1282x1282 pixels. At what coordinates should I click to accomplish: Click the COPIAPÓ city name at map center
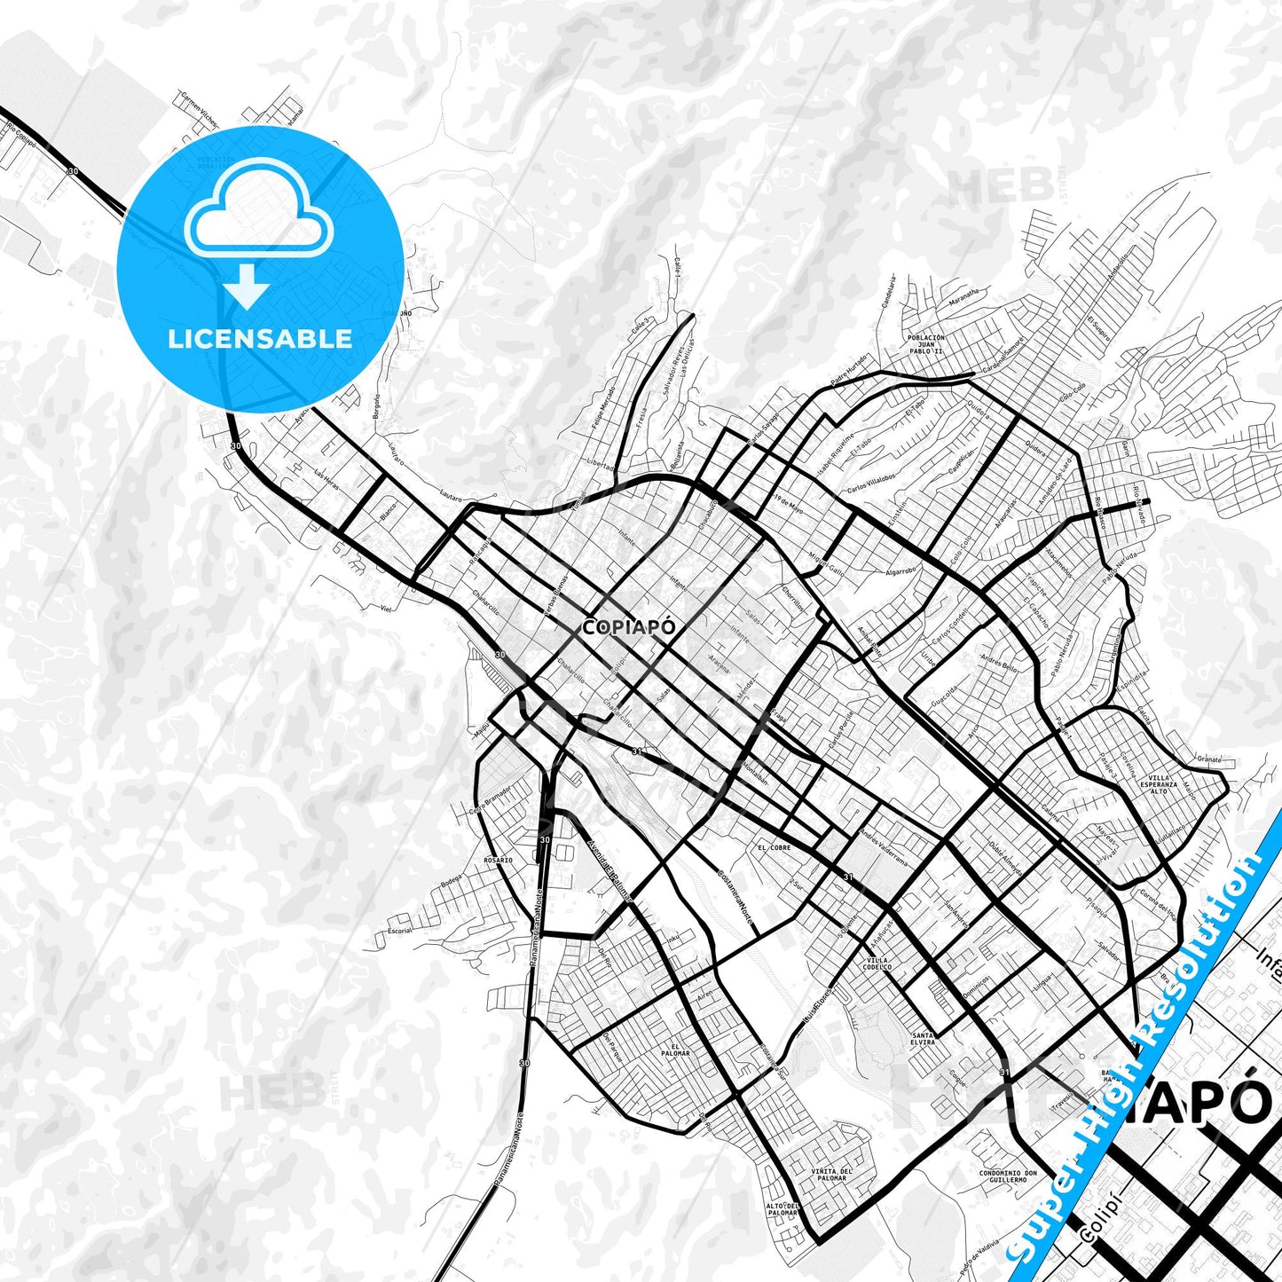point(629,627)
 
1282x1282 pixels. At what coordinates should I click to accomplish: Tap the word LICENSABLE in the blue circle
point(260,339)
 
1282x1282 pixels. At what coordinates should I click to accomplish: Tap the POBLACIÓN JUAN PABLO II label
point(926,344)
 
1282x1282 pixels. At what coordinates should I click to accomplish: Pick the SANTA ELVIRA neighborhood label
point(923,1038)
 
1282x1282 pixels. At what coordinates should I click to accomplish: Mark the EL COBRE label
point(774,847)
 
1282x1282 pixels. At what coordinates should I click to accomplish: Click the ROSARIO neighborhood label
point(498,860)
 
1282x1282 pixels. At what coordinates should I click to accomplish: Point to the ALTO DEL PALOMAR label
point(783,1210)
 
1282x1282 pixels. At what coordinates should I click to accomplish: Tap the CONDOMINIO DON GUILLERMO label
point(1008,1176)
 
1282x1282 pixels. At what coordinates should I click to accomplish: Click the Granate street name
point(1209,759)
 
